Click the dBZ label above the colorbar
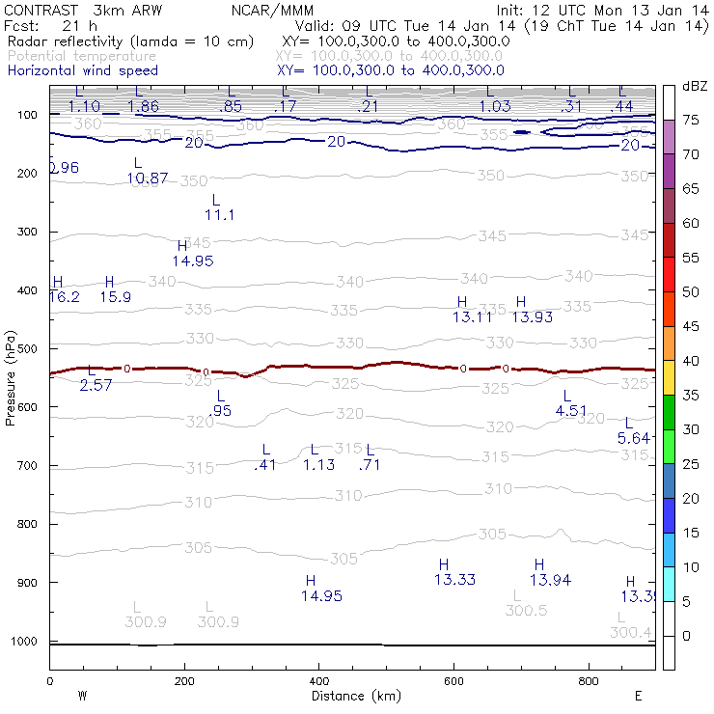(695, 86)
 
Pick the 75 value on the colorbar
(691, 120)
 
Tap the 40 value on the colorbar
(691, 361)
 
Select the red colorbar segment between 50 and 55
(669, 274)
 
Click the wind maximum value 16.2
(65, 297)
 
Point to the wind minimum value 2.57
(96, 385)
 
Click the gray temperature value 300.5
(526, 611)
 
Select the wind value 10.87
(148, 178)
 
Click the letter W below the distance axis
(83, 695)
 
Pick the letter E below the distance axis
(638, 695)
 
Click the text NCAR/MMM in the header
(273, 11)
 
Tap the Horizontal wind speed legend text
(83, 70)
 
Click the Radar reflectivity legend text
(130, 41)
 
